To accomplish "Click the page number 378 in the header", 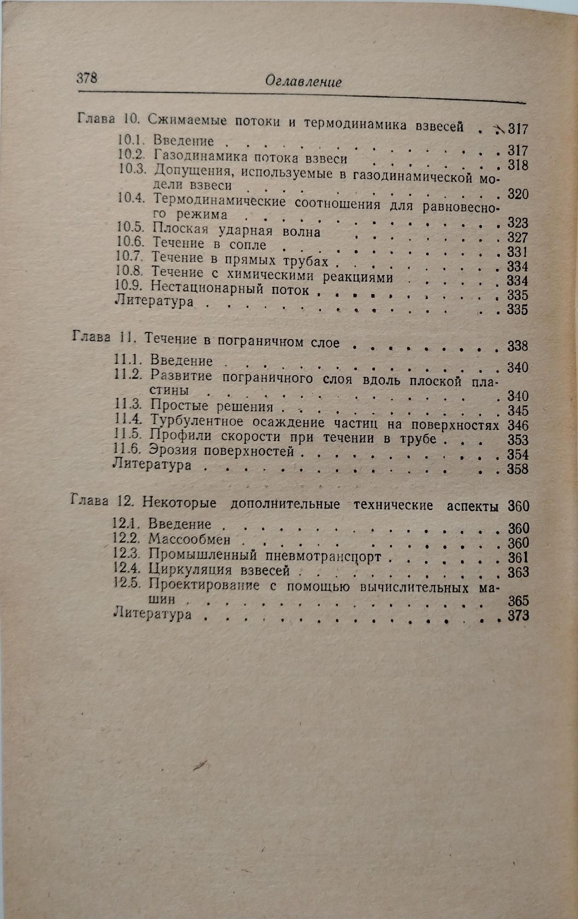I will pyautogui.click(x=86, y=78).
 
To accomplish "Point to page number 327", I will pyautogui.click(x=517, y=238).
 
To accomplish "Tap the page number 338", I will pyautogui.click(x=518, y=346).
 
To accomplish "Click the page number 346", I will pyautogui.click(x=518, y=425).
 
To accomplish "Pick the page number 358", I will pyautogui.click(x=518, y=469).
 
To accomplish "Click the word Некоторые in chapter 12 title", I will pyautogui.click(x=179, y=503).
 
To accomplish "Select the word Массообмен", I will pyautogui.click(x=189, y=539).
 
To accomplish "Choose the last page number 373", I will pyautogui.click(x=519, y=616).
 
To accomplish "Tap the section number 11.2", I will pyautogui.click(x=128, y=374).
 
